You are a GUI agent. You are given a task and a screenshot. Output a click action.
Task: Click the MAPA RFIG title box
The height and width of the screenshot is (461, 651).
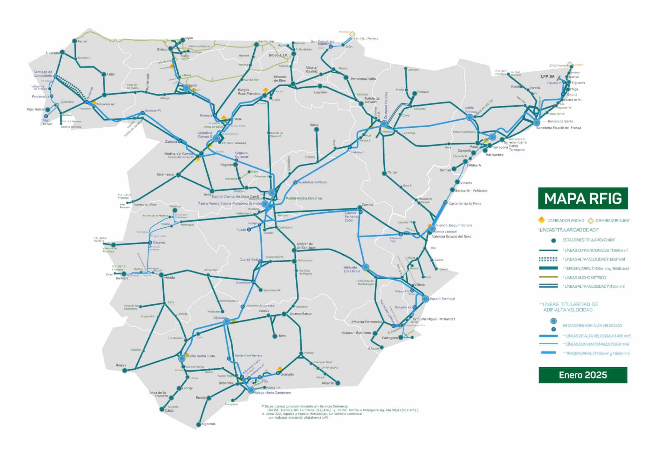[x=583, y=198]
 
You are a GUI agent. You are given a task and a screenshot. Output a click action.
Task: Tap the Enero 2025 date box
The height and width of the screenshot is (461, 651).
[x=583, y=375]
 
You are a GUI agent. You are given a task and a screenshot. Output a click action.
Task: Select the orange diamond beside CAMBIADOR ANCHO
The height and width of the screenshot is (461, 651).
[x=541, y=220]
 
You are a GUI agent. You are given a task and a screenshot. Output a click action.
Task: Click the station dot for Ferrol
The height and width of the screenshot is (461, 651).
[x=74, y=41]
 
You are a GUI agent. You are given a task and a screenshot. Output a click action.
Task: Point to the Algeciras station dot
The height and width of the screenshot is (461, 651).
[x=199, y=424]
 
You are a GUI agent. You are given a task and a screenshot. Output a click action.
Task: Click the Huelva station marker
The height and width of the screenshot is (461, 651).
[x=125, y=370]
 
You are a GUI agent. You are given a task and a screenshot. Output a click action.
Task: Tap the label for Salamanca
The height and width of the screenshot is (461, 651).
[x=165, y=174]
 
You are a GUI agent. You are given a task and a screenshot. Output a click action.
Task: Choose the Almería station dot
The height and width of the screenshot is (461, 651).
[x=338, y=383]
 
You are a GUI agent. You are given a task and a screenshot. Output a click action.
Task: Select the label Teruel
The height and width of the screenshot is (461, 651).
[x=393, y=172]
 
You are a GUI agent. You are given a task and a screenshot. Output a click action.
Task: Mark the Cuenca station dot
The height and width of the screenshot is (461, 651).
[x=360, y=207]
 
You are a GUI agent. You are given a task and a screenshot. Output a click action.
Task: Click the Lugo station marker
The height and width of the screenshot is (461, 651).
[x=104, y=74]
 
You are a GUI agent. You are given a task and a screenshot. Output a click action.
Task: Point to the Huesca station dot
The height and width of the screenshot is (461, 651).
[x=415, y=94]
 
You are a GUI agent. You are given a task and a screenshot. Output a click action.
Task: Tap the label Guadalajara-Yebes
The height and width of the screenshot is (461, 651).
[x=312, y=182]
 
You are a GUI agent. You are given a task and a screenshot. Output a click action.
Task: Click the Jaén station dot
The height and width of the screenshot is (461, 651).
[x=275, y=336]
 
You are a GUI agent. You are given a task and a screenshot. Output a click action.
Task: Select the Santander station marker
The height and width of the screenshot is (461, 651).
[x=257, y=45]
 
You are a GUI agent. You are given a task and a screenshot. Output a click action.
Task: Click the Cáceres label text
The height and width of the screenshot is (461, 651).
[x=159, y=243]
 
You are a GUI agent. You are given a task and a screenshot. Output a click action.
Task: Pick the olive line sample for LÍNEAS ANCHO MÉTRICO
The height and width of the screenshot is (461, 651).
[x=548, y=277]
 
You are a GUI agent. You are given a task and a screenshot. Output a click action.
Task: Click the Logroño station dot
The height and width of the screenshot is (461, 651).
[x=320, y=86]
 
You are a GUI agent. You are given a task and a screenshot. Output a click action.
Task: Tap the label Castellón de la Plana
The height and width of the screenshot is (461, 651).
[x=465, y=203]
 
